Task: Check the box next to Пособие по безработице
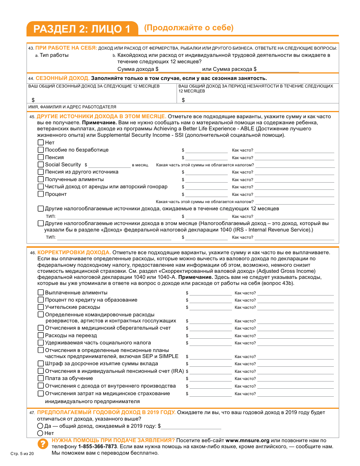point(41,150)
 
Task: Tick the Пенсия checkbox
point(41,157)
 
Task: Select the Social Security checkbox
point(41,164)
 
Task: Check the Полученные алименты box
point(41,179)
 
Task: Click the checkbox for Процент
point(41,194)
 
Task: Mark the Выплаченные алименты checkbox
point(41,292)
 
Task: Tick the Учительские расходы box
point(41,307)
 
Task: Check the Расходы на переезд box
point(41,335)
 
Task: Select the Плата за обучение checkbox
point(41,378)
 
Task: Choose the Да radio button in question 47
point(40,426)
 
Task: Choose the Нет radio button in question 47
point(40,433)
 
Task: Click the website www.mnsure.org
point(247,441)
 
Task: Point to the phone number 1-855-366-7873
point(97,447)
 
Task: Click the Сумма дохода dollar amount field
point(180,69)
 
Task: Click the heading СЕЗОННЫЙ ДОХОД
point(63,78)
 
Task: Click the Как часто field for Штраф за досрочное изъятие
point(296,364)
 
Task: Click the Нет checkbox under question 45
point(41,143)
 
